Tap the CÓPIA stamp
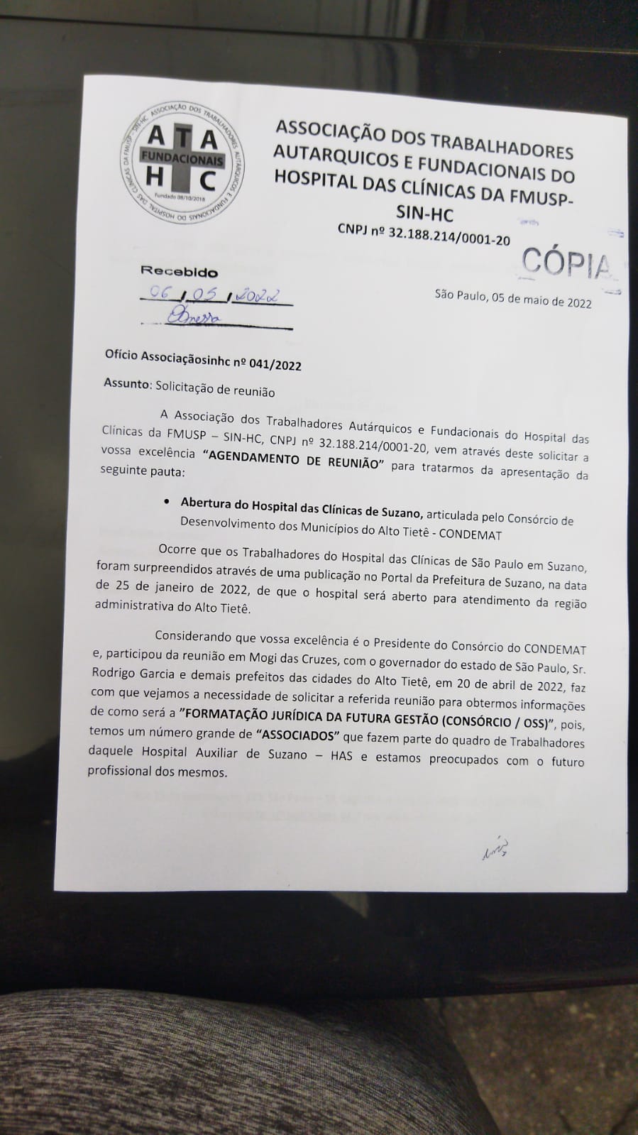(x=566, y=264)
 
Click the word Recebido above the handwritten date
(x=179, y=271)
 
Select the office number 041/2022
(x=275, y=365)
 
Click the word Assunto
(x=126, y=383)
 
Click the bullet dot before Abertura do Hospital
(x=166, y=502)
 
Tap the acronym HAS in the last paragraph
(x=341, y=755)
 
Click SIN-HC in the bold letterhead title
(x=425, y=213)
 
